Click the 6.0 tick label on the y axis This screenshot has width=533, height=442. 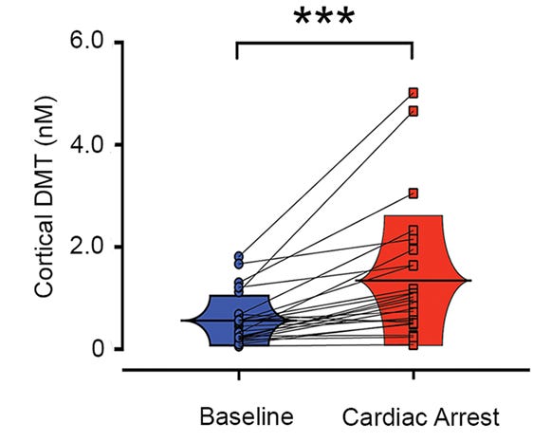coord(86,42)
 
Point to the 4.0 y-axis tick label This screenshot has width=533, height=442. coord(86,144)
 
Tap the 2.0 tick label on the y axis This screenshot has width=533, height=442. coord(86,247)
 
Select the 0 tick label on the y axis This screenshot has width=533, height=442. coord(98,349)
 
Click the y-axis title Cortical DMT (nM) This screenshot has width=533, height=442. coord(45,197)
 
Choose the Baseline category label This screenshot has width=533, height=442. coord(247,416)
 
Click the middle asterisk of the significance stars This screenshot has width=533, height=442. coord(324,17)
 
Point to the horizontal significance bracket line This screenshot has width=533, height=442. coord(324,44)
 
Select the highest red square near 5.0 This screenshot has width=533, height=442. coord(414,93)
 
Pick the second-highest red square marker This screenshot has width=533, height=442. coord(414,111)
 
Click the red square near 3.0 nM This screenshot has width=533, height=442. coord(414,193)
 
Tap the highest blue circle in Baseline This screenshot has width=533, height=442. coord(239,256)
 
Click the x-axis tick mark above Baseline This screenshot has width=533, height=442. coord(239,375)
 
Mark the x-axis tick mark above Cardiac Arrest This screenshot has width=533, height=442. coord(414,375)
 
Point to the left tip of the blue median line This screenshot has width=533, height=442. coord(181,321)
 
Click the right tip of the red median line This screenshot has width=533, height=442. coord(470,281)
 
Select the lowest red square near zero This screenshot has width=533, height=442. coord(414,344)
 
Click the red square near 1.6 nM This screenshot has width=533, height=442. coord(414,266)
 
